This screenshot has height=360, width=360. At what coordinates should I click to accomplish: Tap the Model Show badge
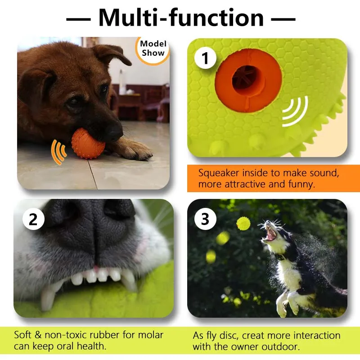tap(153, 49)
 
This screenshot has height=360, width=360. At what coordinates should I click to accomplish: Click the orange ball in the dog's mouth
tap(88, 143)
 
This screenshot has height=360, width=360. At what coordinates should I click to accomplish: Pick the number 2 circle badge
tap(33, 219)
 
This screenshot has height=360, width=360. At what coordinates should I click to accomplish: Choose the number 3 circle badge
tap(205, 219)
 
